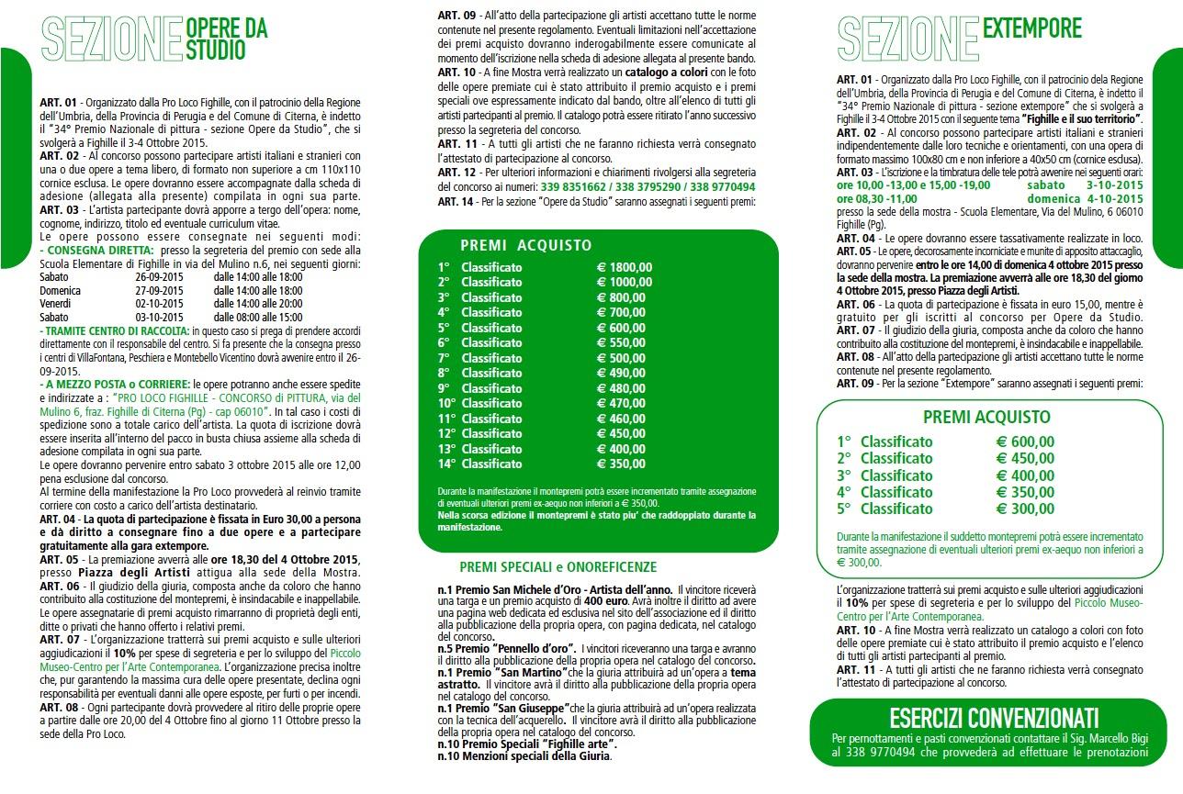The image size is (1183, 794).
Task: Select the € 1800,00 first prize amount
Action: point(625,267)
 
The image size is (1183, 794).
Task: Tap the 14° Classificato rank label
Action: point(479,464)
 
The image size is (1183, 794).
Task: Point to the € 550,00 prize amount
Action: point(621,342)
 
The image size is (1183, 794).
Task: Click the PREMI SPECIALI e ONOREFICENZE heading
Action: point(558,567)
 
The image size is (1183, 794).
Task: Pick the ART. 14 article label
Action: point(456,201)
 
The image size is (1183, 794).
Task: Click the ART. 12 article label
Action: point(456,173)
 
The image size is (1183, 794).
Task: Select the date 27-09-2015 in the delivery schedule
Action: point(161,290)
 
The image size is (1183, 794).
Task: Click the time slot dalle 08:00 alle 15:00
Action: point(258,317)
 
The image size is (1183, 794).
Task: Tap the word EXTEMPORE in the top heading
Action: point(1032,29)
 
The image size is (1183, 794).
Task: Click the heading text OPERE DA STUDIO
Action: point(226,39)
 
